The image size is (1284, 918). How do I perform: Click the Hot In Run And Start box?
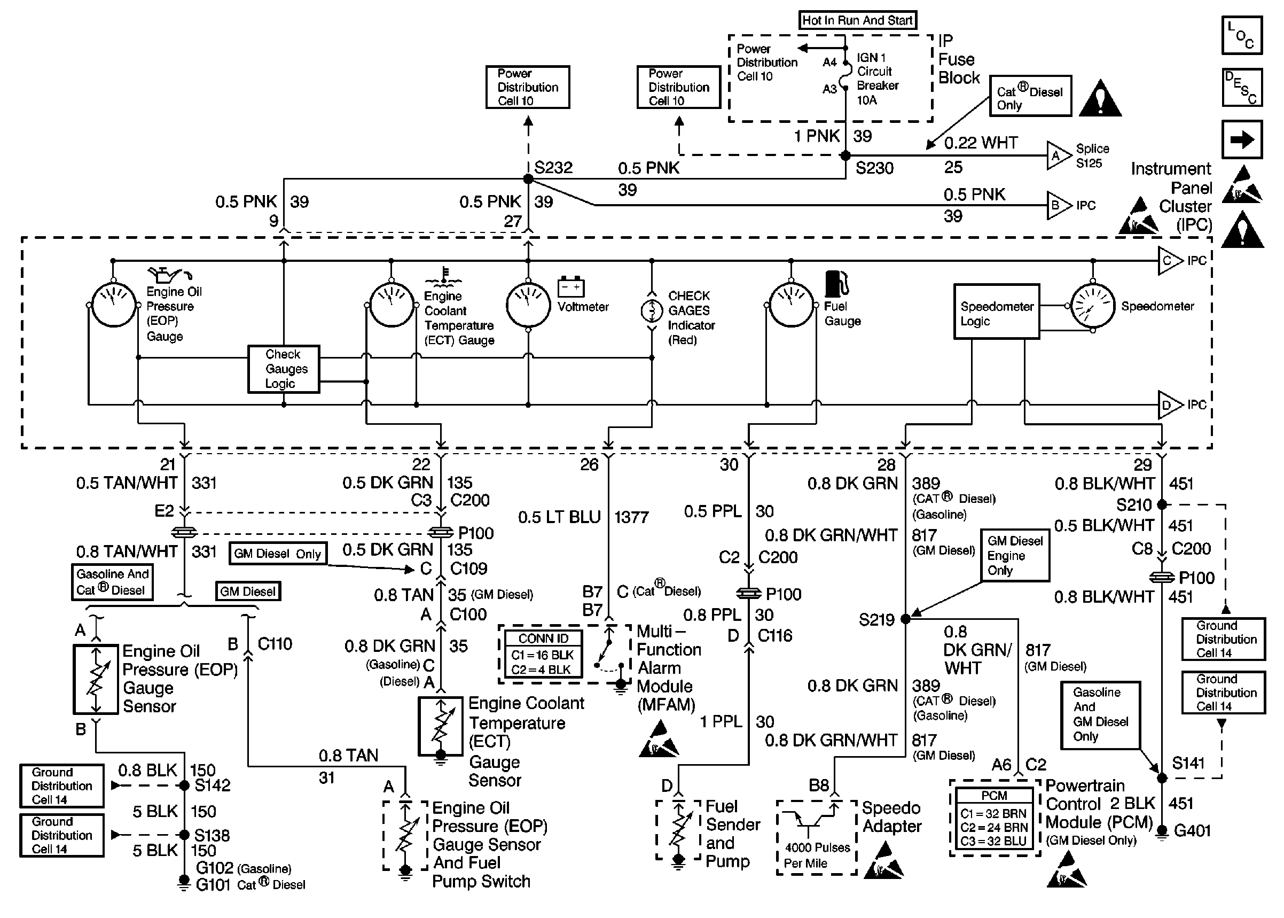857,20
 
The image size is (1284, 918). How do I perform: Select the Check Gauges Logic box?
284,369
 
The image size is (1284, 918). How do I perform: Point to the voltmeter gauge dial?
528,305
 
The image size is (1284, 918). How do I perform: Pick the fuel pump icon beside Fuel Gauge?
836,284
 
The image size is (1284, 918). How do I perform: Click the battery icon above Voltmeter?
570,286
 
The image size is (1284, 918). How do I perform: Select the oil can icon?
169,275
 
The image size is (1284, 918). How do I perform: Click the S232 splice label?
553,168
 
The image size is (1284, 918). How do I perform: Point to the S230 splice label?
874,168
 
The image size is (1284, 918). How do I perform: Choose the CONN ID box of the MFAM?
542,654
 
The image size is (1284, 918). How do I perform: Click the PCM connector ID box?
994,818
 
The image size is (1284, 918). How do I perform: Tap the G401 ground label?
1192,830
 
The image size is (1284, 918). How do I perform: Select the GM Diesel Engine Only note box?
1015,555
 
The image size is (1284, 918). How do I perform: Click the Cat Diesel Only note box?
1030,96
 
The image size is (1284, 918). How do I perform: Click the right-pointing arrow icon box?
1242,139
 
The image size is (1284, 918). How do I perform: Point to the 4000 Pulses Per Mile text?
817,855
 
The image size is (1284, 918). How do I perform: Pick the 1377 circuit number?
631,517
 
